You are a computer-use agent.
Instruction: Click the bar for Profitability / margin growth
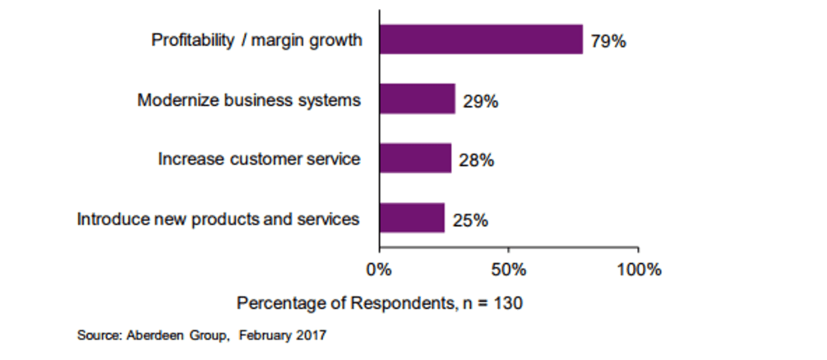click(x=481, y=39)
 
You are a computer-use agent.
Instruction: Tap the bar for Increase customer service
click(x=415, y=159)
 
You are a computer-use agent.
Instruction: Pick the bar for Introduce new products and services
click(x=412, y=219)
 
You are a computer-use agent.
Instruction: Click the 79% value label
click(x=608, y=41)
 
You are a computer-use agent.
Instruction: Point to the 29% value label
click(x=480, y=102)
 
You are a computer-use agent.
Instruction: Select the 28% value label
click(x=477, y=160)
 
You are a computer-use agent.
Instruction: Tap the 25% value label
click(x=470, y=220)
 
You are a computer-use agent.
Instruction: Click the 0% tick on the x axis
click(x=379, y=270)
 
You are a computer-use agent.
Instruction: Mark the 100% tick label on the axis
click(x=638, y=270)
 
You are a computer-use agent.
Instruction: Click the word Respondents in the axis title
click(x=400, y=302)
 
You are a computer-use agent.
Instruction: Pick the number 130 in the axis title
click(x=509, y=302)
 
